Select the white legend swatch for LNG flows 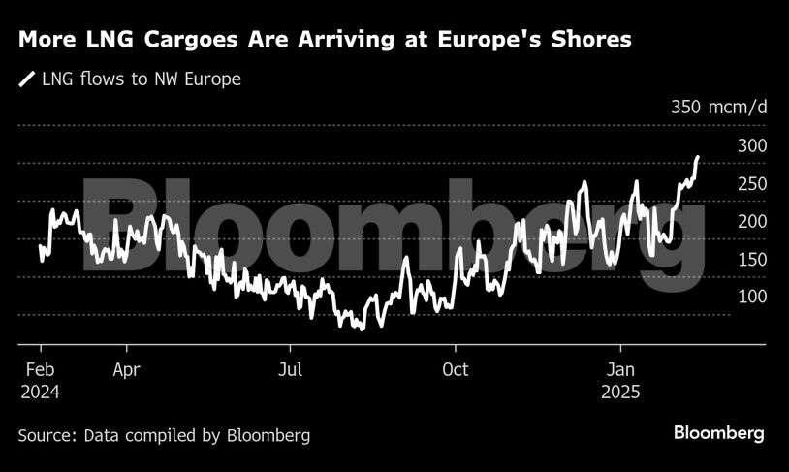pos(25,79)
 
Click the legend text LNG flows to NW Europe pos(141,79)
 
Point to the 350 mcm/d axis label pos(718,107)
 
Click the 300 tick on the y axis pos(752,145)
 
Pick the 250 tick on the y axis pos(752,183)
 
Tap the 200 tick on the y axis pos(752,221)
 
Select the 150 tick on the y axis pos(752,259)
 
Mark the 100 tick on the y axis pos(752,297)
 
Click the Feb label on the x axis pos(39,369)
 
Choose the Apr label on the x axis pos(126,369)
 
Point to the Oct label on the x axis pos(455,369)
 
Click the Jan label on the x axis pos(620,369)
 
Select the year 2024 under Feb pos(39,393)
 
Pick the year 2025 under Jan pos(620,393)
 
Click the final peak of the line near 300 pos(697,157)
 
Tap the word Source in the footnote pos(47,435)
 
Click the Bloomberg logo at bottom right pos(719,432)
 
